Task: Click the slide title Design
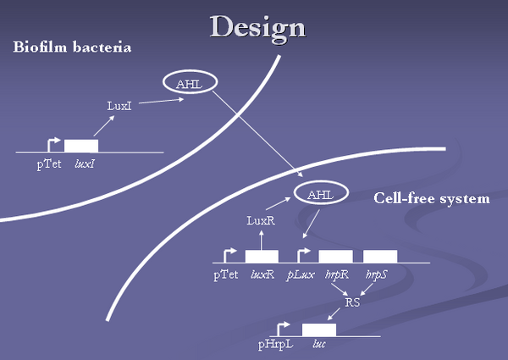[x=257, y=27]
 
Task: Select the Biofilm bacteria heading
[x=72, y=47]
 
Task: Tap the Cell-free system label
[x=431, y=198]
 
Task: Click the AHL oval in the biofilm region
[x=189, y=83]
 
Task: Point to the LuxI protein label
[x=119, y=106]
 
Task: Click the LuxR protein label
[x=261, y=221]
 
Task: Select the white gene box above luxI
[x=81, y=146]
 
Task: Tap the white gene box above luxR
[x=262, y=256]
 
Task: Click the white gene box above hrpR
[x=335, y=256]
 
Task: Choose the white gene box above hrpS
[x=380, y=256]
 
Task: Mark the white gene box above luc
[x=319, y=330]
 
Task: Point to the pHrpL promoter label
[x=275, y=346]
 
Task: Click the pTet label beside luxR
[x=226, y=274]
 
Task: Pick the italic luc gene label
[x=319, y=346]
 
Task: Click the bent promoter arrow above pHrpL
[x=283, y=326]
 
